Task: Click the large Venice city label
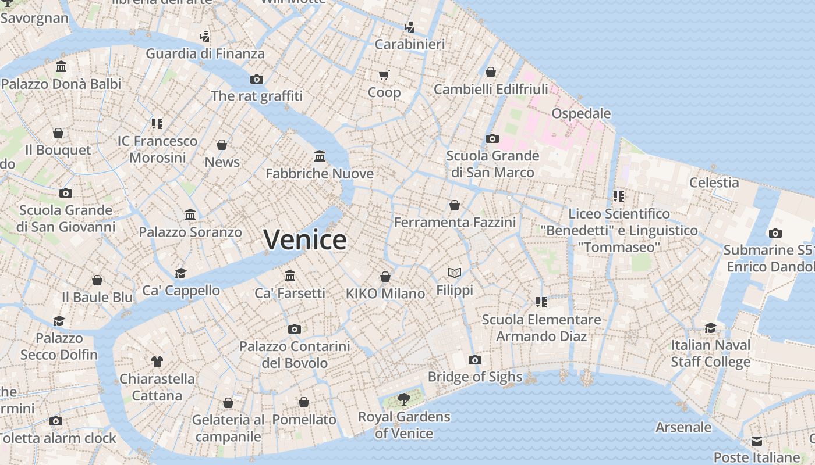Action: click(305, 239)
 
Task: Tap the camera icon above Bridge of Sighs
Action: click(475, 360)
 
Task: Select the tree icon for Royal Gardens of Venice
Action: click(403, 399)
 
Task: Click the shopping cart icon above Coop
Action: click(384, 75)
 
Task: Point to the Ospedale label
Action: click(581, 113)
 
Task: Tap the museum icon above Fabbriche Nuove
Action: click(320, 156)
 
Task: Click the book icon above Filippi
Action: click(455, 273)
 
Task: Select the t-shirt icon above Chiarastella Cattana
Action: click(157, 362)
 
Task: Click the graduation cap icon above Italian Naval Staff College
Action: click(710, 328)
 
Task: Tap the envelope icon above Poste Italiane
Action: click(756, 441)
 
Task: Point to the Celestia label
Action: click(714, 183)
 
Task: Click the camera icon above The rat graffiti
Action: click(257, 79)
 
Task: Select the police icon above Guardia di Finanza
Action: click(204, 37)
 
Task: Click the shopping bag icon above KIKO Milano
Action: click(385, 277)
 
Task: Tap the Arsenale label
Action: click(683, 427)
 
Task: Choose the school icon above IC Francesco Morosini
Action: click(157, 124)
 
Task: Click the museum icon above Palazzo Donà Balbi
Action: click(61, 67)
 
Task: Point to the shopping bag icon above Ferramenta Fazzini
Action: click(455, 205)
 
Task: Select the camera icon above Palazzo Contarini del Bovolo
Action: click(295, 329)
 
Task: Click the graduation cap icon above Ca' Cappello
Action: click(181, 273)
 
